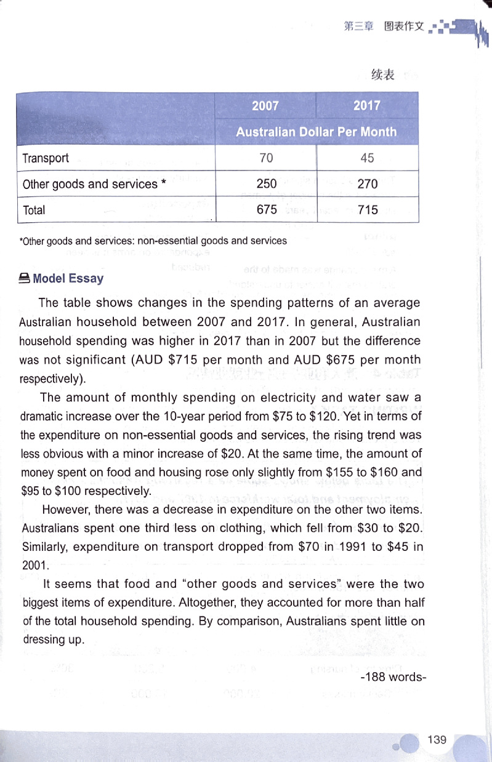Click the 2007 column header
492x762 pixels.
pyautogui.click(x=265, y=105)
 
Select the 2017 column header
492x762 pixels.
pyautogui.click(x=367, y=105)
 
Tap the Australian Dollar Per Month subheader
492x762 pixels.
pyautogui.click(x=317, y=132)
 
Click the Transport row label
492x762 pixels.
pyautogui.click(x=46, y=158)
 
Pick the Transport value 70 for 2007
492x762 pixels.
pyautogui.click(x=266, y=158)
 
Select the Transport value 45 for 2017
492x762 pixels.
pyautogui.click(x=367, y=158)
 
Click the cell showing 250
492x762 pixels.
pyautogui.click(x=266, y=184)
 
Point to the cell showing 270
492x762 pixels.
pyautogui.click(x=367, y=184)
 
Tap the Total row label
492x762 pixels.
pyautogui.click(x=34, y=210)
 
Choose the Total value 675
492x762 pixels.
pyautogui.click(x=266, y=210)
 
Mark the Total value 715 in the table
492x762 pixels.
pyautogui.click(x=367, y=210)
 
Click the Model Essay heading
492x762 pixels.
pyautogui.click(x=68, y=278)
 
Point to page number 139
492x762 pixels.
pyautogui.click(x=437, y=739)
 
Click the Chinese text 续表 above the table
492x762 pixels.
pyautogui.click(x=382, y=75)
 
